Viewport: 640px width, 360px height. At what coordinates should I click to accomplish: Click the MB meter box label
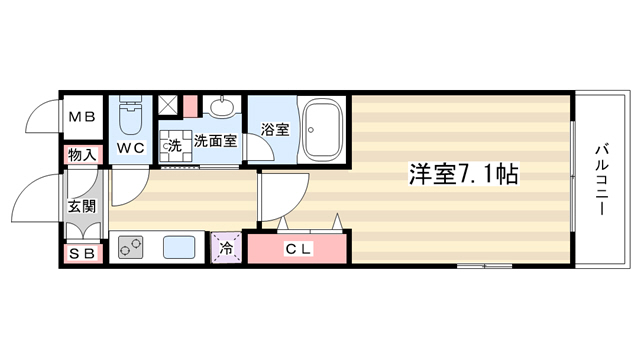(x=82, y=118)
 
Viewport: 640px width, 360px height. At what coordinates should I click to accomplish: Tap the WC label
(x=131, y=148)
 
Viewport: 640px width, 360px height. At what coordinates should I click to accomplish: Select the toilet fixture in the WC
(x=131, y=115)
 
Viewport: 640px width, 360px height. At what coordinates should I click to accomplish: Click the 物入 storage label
(x=82, y=155)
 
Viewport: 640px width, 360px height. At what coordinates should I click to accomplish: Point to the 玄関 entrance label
(x=82, y=207)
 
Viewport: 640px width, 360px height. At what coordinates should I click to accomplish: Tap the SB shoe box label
(x=82, y=254)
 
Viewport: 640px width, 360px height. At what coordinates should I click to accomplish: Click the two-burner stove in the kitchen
(x=131, y=247)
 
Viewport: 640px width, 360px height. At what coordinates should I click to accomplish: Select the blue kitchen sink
(x=179, y=247)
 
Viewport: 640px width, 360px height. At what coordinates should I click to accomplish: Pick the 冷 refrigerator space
(x=226, y=247)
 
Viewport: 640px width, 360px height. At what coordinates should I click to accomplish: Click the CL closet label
(x=298, y=248)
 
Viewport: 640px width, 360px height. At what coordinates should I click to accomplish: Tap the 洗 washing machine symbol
(x=176, y=146)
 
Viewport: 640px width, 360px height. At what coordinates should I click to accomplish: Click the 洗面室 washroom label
(x=215, y=141)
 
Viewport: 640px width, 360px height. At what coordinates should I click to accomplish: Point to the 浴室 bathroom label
(x=275, y=130)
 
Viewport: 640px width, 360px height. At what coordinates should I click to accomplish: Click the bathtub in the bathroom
(x=322, y=130)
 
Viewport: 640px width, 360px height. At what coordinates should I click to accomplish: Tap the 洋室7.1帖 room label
(x=464, y=174)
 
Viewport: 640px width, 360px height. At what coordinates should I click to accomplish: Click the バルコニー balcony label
(x=601, y=180)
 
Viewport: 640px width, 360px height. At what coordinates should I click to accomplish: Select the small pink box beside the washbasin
(x=190, y=106)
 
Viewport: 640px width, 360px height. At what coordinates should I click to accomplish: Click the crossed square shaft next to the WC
(x=167, y=105)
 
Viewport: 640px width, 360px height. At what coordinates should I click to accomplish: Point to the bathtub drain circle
(x=311, y=130)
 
